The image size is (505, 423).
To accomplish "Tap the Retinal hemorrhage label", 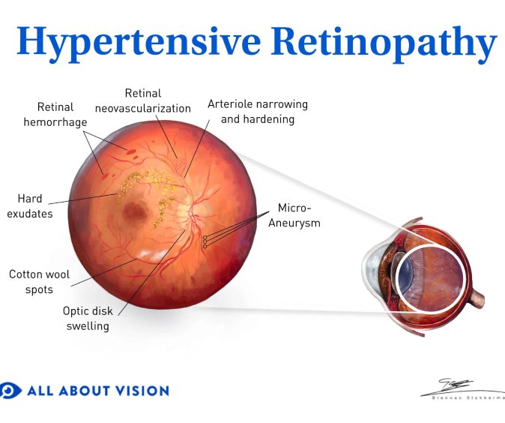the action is [55, 115].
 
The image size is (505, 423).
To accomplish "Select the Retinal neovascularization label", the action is [143, 100].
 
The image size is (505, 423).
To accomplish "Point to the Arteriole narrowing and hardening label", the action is [258, 112].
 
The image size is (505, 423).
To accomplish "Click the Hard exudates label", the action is [30, 206].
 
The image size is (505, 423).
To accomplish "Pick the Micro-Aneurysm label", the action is [294, 215].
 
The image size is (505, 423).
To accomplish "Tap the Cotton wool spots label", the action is [39, 281].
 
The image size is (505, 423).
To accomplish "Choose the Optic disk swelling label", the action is [88, 318].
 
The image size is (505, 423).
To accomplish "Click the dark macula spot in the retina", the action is [135, 212].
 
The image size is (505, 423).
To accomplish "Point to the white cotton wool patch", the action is [152, 255].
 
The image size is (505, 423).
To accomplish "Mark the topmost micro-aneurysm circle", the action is [205, 238].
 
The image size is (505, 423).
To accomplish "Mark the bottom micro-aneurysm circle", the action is [205, 246].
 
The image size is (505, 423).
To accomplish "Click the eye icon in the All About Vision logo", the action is [10, 391].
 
